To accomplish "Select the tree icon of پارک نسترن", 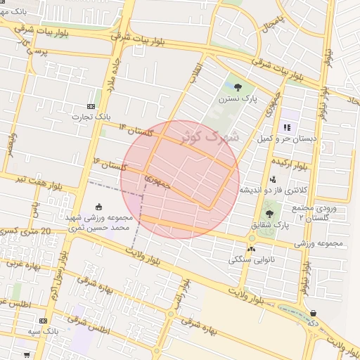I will pos(238,87).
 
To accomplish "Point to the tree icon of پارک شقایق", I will pos(269,214).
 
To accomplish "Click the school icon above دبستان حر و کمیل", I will pos(287,127).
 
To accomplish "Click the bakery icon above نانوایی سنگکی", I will pos(251,248).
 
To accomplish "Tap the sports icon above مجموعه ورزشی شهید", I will pos(98,207).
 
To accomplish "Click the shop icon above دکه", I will pos(313,314).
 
